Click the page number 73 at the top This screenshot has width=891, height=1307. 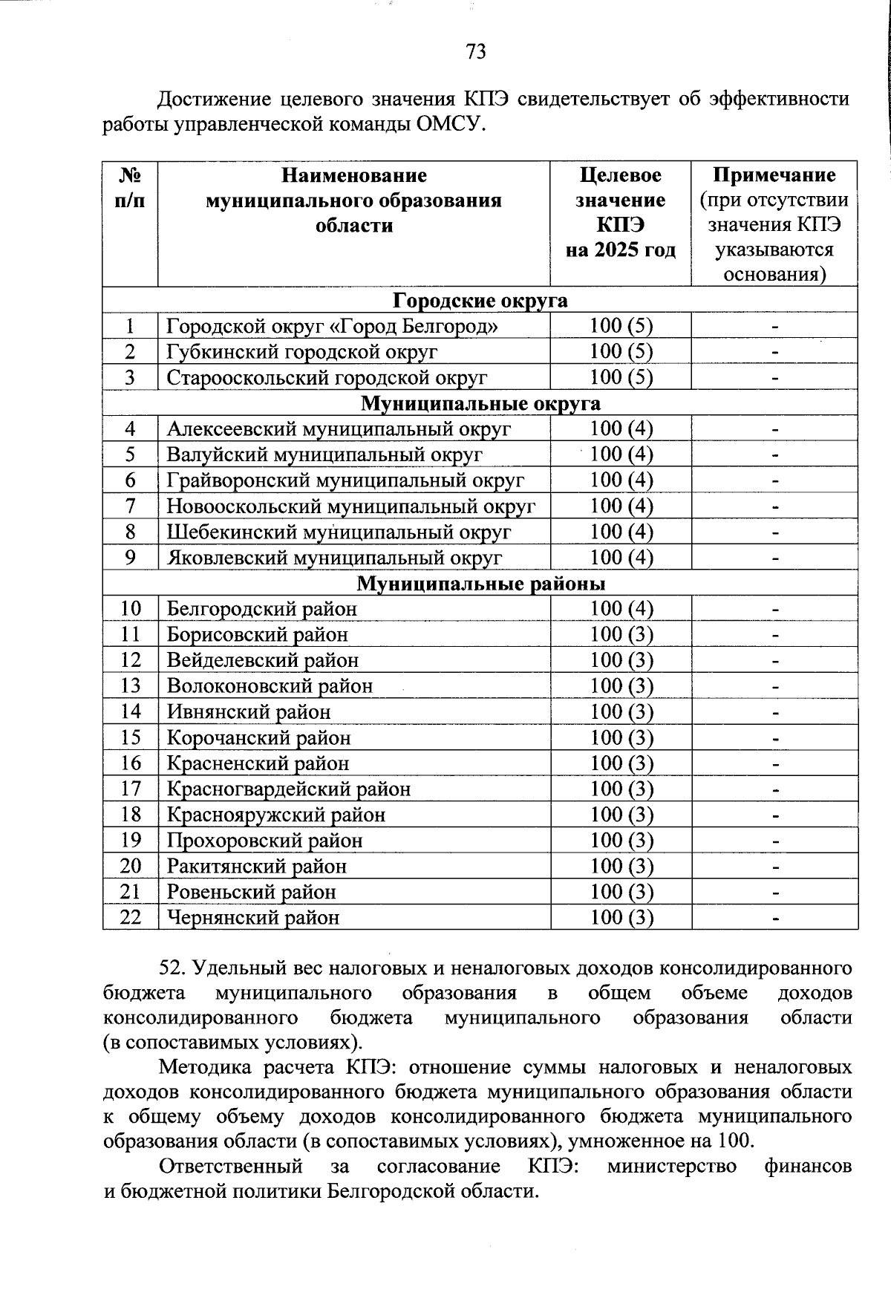tap(476, 51)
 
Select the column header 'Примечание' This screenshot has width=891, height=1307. tap(774, 175)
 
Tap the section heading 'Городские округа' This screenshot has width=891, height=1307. tap(480, 300)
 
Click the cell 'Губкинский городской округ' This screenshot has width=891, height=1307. tap(301, 351)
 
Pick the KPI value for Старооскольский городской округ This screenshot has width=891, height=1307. tap(621, 377)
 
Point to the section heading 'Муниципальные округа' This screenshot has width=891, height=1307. tap(480, 403)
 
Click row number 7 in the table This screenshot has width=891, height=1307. tap(131, 506)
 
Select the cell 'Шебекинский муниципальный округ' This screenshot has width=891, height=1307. tap(339, 532)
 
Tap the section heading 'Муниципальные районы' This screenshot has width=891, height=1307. tap(480, 584)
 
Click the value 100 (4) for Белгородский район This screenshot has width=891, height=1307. tap(621, 609)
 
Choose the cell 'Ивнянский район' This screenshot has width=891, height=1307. tap(249, 712)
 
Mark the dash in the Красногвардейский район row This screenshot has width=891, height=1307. tap(774, 789)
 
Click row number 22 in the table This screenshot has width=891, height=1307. tap(131, 918)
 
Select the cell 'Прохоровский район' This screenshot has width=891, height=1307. tap(264, 841)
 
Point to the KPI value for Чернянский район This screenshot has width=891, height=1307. tap(621, 918)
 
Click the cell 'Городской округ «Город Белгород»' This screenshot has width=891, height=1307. tap(332, 326)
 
